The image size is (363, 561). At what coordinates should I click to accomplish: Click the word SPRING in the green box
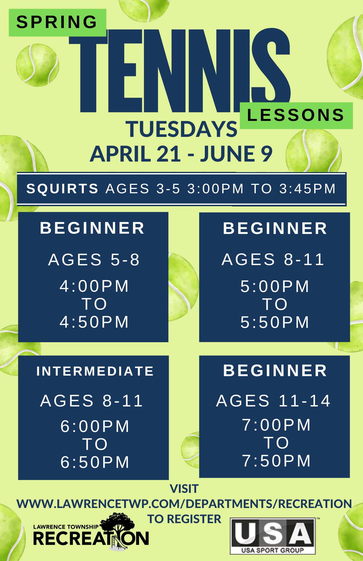tap(57, 22)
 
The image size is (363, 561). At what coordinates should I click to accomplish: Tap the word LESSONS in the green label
tap(296, 115)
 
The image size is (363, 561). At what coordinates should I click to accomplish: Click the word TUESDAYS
tap(181, 129)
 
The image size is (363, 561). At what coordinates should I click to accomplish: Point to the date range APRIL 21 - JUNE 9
tap(181, 154)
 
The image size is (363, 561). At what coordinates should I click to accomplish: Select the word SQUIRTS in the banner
tap(62, 189)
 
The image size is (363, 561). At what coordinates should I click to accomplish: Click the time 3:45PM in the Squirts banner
tap(307, 189)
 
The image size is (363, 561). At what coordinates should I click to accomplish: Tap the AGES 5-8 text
tap(94, 259)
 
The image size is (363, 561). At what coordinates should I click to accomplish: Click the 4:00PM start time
tap(94, 286)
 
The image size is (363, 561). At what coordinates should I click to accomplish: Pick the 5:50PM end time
tap(275, 322)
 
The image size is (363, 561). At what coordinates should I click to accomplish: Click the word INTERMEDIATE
tap(95, 371)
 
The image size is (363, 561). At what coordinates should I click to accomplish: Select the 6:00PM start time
tap(95, 426)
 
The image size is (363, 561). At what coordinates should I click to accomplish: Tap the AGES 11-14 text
tap(274, 401)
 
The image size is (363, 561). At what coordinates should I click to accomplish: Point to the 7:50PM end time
tap(277, 461)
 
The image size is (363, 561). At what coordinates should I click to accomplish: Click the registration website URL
tap(184, 504)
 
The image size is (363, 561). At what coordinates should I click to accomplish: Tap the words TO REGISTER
tap(184, 519)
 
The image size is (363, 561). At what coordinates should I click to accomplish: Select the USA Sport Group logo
tap(273, 536)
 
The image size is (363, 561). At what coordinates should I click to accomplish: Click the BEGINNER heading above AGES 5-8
tap(92, 228)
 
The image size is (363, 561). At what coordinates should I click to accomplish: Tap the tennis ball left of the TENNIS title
tap(38, 65)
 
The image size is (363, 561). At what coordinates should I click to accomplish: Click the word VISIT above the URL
tap(184, 489)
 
